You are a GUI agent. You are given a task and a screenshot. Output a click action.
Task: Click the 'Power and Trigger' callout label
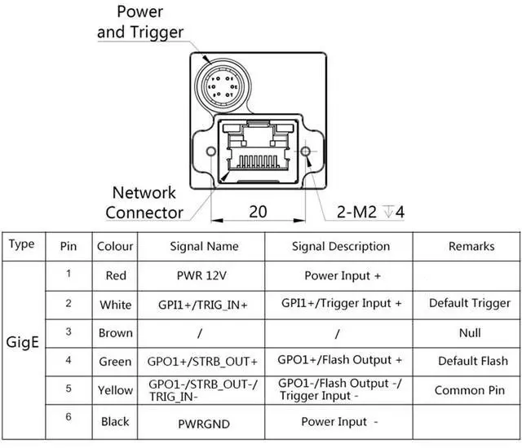tap(139, 22)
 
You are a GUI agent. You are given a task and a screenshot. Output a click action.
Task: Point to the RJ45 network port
tap(257, 151)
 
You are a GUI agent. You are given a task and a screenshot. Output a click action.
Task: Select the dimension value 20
tap(258, 212)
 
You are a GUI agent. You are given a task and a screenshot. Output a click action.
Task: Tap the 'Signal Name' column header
tap(204, 246)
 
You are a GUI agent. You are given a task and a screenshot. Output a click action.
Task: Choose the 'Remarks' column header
tap(471, 246)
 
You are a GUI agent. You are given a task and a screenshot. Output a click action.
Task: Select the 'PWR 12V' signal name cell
tap(201, 275)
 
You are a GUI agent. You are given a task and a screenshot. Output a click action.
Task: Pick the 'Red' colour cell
tap(116, 275)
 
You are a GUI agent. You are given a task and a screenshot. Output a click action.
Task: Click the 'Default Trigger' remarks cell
tap(470, 303)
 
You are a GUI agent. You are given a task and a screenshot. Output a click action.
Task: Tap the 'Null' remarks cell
tap(470, 332)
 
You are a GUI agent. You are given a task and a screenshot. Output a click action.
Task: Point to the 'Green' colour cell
tap(115, 361)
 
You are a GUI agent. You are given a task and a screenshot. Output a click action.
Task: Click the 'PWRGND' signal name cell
tap(201, 424)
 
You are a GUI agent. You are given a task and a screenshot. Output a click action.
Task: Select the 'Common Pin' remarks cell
tap(470, 390)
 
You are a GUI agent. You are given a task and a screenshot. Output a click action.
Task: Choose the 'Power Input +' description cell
tap(343, 275)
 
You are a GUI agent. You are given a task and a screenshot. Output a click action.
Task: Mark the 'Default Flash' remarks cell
tap(472, 361)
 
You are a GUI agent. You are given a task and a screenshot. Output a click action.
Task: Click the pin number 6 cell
tap(69, 417)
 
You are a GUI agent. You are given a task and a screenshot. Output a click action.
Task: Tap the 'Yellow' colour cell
tap(115, 390)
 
